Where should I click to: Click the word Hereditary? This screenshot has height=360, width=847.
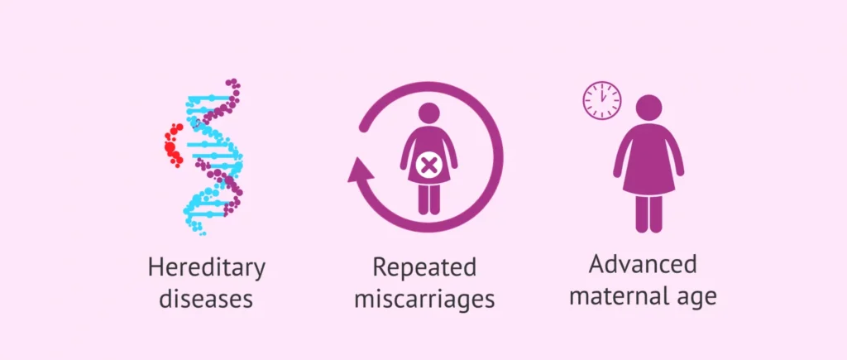click(x=206, y=269)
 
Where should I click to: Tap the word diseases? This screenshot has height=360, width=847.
click(x=206, y=299)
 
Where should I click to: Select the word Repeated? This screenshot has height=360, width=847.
click(x=424, y=269)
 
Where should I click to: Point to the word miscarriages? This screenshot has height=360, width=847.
click(x=424, y=299)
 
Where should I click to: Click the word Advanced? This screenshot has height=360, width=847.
click(x=643, y=265)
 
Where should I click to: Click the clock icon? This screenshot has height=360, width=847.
click(x=602, y=100)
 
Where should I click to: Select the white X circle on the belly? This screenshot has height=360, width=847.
click(x=429, y=166)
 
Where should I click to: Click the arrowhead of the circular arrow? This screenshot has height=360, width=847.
click(x=361, y=170)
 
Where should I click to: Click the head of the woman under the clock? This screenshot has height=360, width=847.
click(x=648, y=108)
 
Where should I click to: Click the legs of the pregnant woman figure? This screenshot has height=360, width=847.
click(x=429, y=199)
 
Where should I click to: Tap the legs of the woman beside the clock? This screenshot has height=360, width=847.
click(x=648, y=213)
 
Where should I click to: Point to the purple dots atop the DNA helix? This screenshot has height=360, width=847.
click(x=233, y=89)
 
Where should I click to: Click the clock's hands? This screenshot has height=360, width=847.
click(x=603, y=96)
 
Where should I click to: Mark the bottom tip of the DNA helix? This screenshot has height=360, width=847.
click(x=203, y=233)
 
